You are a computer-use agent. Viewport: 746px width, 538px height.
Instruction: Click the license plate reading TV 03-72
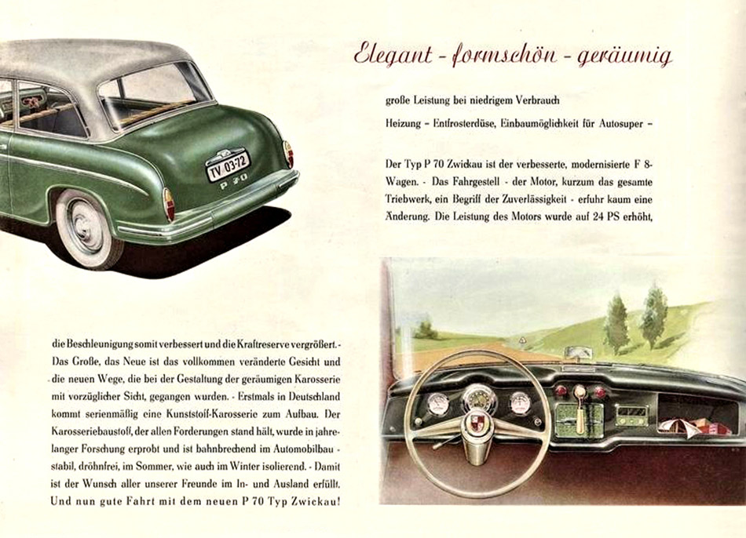tap(229, 165)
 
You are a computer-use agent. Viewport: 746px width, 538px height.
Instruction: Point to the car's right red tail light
tap(288, 153)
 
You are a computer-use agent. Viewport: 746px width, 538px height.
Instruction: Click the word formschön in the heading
tap(502, 56)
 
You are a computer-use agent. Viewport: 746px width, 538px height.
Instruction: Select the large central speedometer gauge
tap(478, 398)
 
